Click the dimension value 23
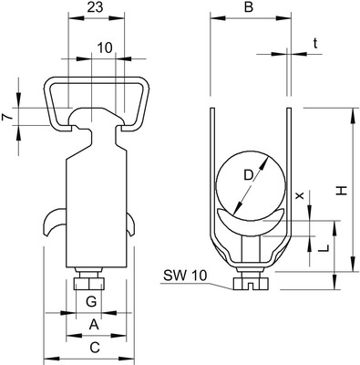tap(96, 7)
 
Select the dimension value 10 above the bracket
tap(105, 48)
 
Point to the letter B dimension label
tap(249, 7)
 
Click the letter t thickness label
tap(315, 44)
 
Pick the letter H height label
tap(342, 191)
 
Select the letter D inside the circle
tap(249, 175)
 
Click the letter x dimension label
tap(300, 195)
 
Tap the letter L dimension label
tap(324, 248)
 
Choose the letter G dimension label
tap(91, 302)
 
